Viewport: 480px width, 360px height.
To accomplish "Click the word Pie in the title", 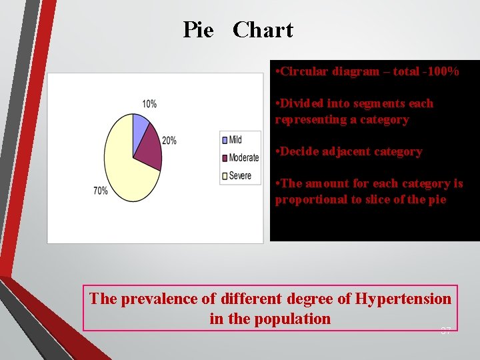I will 198,30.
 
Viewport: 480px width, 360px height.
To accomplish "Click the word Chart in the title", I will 263,30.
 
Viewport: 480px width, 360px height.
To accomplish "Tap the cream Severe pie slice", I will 123,167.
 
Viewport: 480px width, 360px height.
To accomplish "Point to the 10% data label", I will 149,104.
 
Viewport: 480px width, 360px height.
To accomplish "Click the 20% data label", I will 169,141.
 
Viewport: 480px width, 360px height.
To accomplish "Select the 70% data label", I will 101,191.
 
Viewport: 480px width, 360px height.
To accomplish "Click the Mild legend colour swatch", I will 225,140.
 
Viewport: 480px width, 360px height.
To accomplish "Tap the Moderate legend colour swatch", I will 225,158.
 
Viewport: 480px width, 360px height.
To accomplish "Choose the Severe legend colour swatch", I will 225,176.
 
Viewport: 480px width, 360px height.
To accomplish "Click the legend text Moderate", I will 244,158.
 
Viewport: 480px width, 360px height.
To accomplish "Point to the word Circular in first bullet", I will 304,71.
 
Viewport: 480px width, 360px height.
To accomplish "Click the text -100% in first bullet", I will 440,71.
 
